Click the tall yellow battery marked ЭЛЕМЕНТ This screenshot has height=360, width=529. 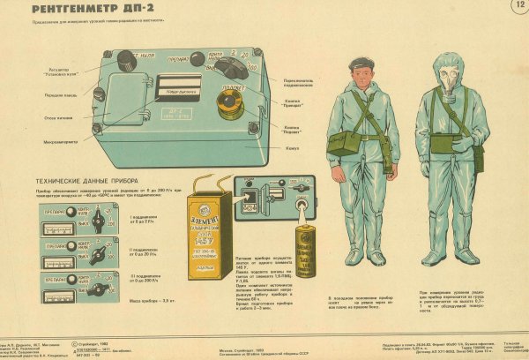click(x=206, y=246)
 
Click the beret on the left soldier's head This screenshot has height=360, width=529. click(x=359, y=64)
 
